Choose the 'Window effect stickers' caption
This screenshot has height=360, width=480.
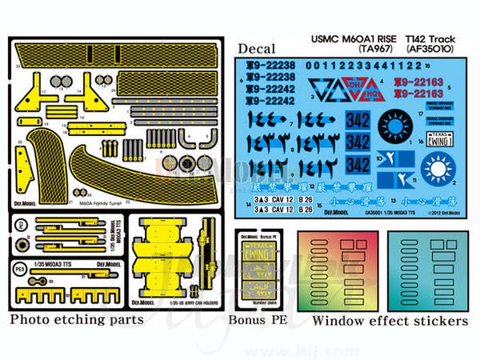click(x=390, y=321)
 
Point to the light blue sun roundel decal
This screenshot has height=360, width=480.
click(x=438, y=169)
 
